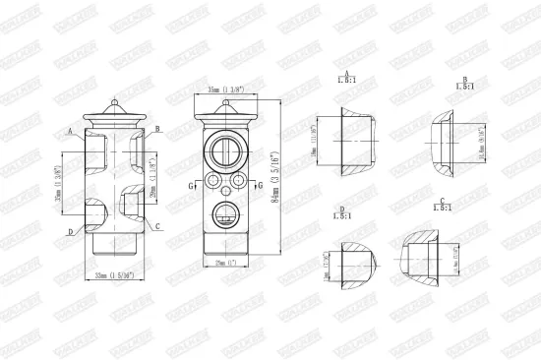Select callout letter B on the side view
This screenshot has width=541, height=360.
click(157, 130)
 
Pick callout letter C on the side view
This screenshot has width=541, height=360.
click(157, 226)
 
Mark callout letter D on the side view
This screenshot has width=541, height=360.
click(71, 232)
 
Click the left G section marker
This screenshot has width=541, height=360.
click(191, 184)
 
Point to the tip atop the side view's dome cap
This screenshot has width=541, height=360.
click(115, 99)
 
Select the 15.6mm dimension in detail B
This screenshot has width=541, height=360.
click(481, 144)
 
